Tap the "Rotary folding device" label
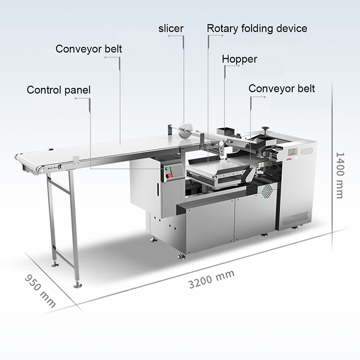pyautogui.click(x=257, y=28)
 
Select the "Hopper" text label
pyautogui.click(x=240, y=60)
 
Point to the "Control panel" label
pyautogui.click(x=59, y=90)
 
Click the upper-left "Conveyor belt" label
pyautogui.click(x=89, y=49)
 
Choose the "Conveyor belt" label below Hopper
pyautogui.click(x=282, y=89)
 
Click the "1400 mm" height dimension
pyautogui.click(x=339, y=175)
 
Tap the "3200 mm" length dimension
pyautogui.click(x=211, y=278)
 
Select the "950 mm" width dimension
pyautogui.click(x=40, y=291)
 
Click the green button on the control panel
pyautogui.click(x=168, y=168)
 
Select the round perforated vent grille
pyautogui.click(x=268, y=191)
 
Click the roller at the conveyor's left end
pyautogui.click(x=19, y=158)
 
